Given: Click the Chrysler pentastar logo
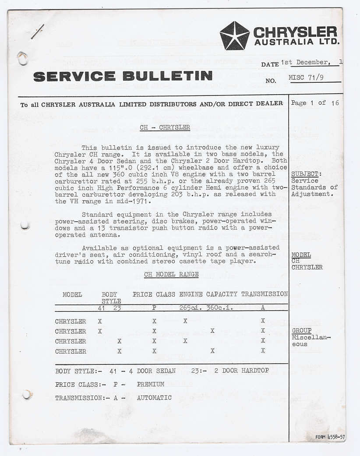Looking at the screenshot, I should tap(234, 35).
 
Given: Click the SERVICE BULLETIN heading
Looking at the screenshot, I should tap(123, 76).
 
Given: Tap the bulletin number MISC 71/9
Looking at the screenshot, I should tap(307, 78).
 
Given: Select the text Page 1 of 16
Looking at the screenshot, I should tap(315, 103).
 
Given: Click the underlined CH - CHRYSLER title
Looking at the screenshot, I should tap(165, 127).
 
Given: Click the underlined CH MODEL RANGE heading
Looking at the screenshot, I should tap(171, 274).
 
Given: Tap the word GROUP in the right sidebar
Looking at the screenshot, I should tap(302, 331).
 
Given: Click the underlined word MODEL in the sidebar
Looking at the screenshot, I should tap(301, 255).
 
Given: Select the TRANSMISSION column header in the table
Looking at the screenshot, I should tap(264, 294).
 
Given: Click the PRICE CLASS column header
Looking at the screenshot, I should tap(154, 294).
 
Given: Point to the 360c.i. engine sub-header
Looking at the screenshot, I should tap(219, 308).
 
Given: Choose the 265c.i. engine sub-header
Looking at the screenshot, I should tap(190, 308).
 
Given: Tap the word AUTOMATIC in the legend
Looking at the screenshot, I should tap(154, 398).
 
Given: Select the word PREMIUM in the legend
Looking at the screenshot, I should tap(150, 384).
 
